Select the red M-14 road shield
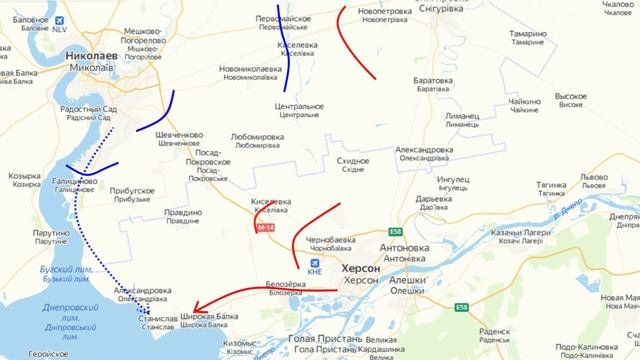coord(264,229)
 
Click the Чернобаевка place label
coord(331,241)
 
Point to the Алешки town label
coord(406,282)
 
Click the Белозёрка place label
coord(284,285)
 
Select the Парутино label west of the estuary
coord(57,232)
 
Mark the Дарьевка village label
coord(438,198)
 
